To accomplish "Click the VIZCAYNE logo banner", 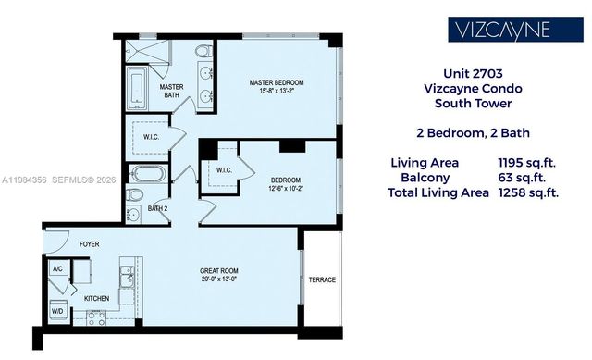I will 501,29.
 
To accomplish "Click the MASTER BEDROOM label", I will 277,83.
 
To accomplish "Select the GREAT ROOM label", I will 219,271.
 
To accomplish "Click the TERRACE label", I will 322,279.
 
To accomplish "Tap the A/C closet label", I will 57,269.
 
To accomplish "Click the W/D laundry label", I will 57,310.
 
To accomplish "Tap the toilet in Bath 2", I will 135,195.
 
